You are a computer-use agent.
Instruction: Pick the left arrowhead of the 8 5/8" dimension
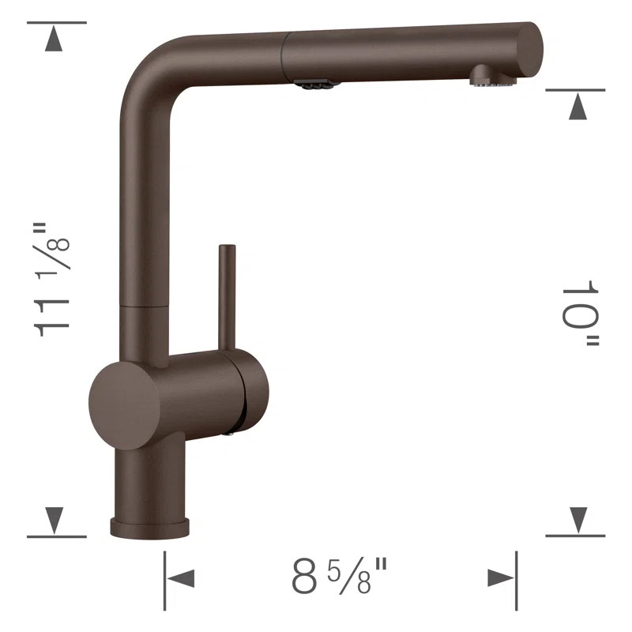[x=181, y=578]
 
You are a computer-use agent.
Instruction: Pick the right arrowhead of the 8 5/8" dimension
[x=499, y=578]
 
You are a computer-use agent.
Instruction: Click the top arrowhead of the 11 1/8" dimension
[x=55, y=39]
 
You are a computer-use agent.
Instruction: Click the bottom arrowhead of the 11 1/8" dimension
[x=55, y=519]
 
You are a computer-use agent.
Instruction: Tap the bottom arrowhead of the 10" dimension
[x=577, y=519]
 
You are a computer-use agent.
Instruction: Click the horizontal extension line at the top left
[x=56, y=22]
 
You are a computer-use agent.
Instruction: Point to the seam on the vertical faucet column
[x=144, y=302]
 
